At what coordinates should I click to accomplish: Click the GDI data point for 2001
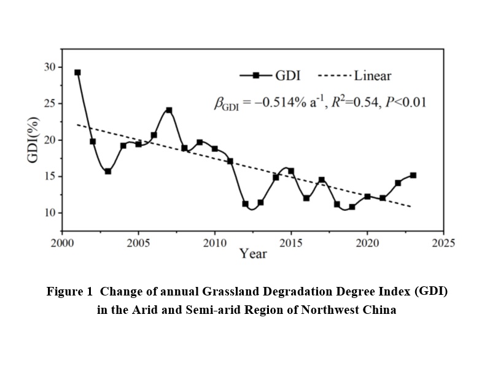[x=77, y=72]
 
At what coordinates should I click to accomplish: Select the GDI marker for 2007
[x=169, y=110]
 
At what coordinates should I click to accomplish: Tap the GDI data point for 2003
[x=108, y=172]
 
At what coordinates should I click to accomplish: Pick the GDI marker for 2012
[x=245, y=204]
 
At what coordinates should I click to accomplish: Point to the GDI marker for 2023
[x=413, y=175]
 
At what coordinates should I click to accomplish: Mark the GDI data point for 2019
[x=352, y=207]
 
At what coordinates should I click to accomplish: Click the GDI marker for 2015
[x=291, y=171]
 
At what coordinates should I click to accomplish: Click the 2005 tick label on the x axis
[x=138, y=243]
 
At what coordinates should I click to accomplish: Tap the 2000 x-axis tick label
[x=62, y=243]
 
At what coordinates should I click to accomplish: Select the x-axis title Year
[x=253, y=253]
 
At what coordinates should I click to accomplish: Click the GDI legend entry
[x=268, y=76]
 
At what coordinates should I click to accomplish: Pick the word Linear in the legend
[x=372, y=76]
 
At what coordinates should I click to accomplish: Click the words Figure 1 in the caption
[x=67, y=292]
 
